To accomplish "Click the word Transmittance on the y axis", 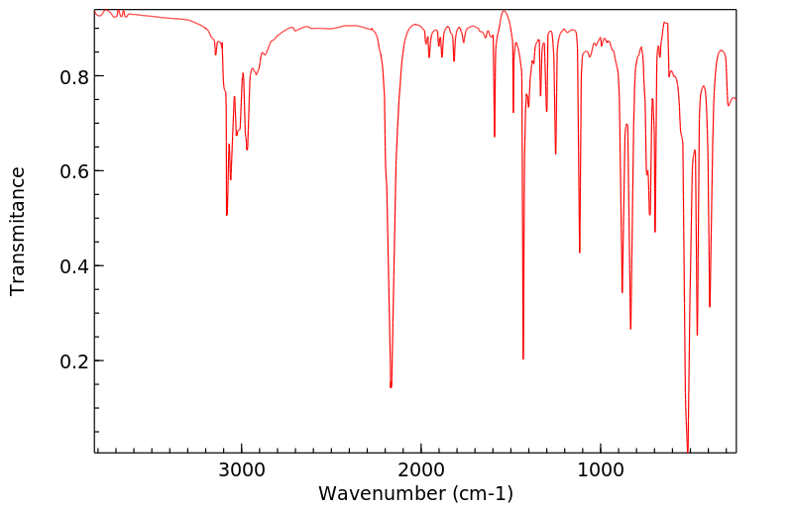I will point(18,231).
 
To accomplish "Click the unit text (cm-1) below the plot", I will point(483,492).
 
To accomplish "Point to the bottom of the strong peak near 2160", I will point(391,386).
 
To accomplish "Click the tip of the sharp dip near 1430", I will point(523,358).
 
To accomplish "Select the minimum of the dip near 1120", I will point(580,253).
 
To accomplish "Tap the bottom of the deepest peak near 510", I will point(688,451).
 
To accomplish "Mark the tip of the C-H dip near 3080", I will point(227,215).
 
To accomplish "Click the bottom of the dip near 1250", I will point(556,153).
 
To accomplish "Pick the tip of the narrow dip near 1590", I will point(495,137).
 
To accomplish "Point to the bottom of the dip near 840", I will point(630,329).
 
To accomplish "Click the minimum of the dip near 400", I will point(710,306).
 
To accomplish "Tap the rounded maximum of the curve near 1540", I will point(505,11).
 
